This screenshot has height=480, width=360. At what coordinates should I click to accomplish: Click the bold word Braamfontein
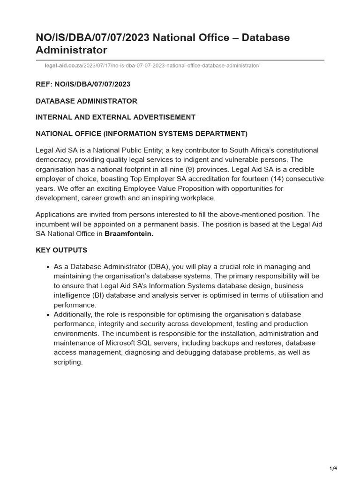point(129,234)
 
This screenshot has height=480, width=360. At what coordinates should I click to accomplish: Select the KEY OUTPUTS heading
point(61,250)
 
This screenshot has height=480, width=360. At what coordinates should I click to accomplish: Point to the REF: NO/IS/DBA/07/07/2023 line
point(83,84)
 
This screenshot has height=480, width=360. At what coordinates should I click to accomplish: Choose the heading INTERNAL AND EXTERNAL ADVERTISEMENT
point(116,117)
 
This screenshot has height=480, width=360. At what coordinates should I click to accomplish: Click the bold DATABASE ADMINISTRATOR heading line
point(87,101)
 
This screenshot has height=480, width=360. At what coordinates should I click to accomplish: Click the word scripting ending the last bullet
point(68,362)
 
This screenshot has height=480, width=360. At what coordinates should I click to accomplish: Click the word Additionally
point(74,314)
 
